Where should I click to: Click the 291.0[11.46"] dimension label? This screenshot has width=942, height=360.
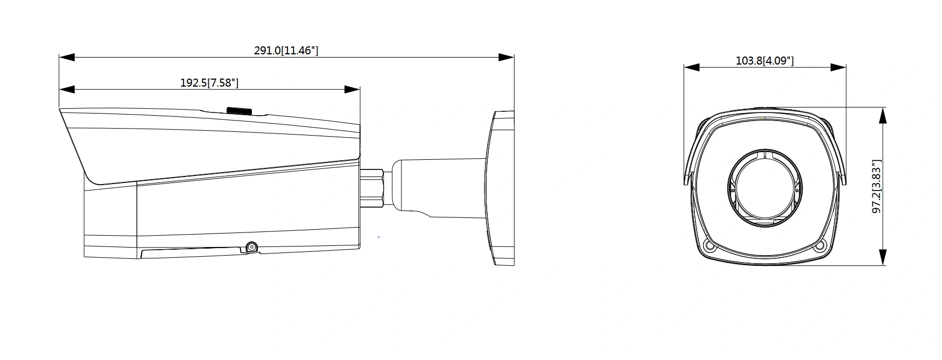[286, 51]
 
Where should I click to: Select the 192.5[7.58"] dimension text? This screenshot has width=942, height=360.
[209, 83]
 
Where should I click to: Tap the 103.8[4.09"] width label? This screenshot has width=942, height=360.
[764, 60]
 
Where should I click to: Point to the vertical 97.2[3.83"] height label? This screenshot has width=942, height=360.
[877, 186]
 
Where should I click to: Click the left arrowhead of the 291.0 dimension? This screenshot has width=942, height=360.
[67, 57]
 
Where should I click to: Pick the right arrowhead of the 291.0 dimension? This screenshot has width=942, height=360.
[506, 57]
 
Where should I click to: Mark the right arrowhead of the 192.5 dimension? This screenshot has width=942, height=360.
[352, 89]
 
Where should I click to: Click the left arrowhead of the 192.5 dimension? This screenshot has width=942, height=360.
[67, 89]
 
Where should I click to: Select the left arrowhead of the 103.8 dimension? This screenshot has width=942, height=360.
[692, 67]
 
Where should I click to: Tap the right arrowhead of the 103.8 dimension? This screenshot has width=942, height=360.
[839, 67]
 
